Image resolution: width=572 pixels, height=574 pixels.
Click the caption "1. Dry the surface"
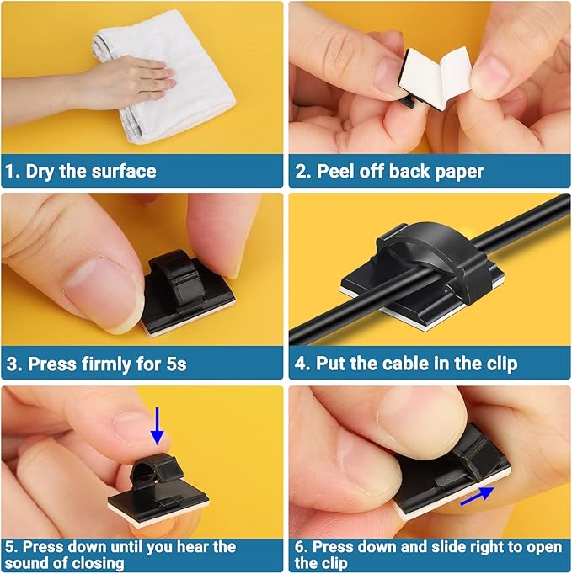81,172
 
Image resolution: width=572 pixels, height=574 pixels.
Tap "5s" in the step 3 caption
174,364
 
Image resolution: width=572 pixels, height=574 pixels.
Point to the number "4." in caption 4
303,364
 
